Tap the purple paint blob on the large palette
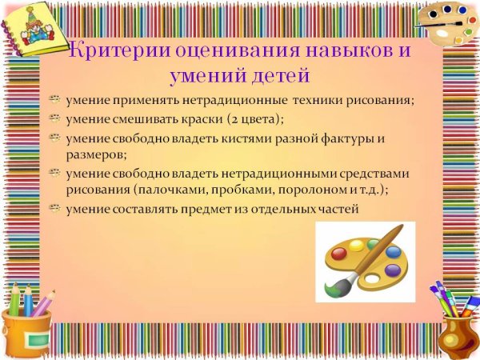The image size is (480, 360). [392, 270]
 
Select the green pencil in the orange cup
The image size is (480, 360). [14, 299]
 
